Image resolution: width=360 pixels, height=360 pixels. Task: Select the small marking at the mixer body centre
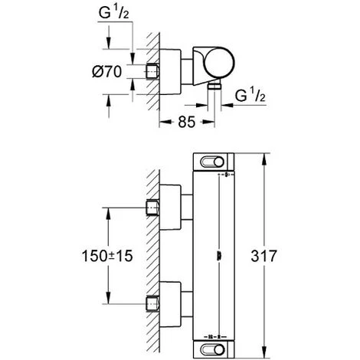click(x=220, y=255)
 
